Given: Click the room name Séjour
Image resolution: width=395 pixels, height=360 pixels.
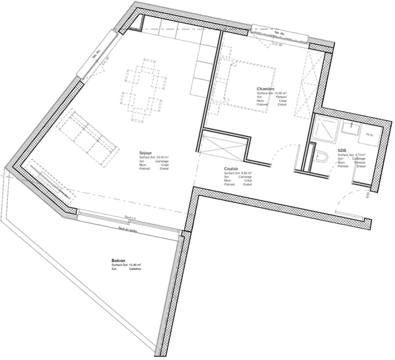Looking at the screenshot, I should pos(146,151).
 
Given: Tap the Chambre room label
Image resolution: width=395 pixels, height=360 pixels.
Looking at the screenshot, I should pos(265,89).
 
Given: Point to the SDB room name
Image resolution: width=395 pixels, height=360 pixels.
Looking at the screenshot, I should pos(342,150).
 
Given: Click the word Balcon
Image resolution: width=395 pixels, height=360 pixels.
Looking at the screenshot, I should pos(118,261).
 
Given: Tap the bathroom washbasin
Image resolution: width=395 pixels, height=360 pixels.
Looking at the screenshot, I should pos(350,124).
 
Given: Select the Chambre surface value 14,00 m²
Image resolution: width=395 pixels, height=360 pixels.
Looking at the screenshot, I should pos(280,93).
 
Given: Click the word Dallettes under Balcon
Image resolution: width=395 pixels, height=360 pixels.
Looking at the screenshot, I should pos(136,269).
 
